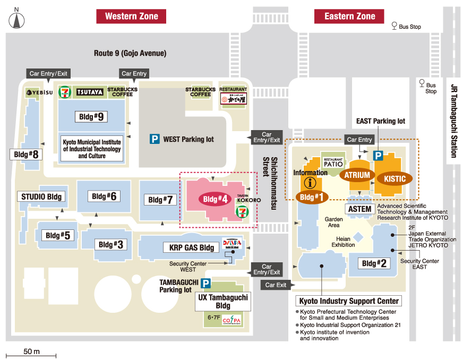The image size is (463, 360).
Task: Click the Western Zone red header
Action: pyautogui.click(x=131, y=16)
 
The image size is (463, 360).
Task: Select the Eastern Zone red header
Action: pyautogui.click(x=350, y=16)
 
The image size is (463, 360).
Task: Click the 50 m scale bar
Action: pyautogui.click(x=31, y=354)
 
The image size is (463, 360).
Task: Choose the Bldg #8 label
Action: pyautogui.click(x=27, y=155)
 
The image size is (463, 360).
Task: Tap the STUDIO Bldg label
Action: pyautogui.click(x=41, y=196)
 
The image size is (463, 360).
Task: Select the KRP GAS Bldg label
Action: pyautogui.click(x=192, y=247)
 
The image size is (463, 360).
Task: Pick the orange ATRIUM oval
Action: pyautogui.click(x=357, y=175)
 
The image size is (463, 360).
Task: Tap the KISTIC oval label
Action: pyautogui.click(x=395, y=179)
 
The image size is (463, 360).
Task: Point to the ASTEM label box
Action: pyautogui.click(x=359, y=209)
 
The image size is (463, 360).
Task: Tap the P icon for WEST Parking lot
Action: pyautogui.click(x=155, y=139)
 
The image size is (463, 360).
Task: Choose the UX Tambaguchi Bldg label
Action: pyautogui.click(x=223, y=302)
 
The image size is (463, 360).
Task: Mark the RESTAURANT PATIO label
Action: pyautogui.click(x=333, y=162)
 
